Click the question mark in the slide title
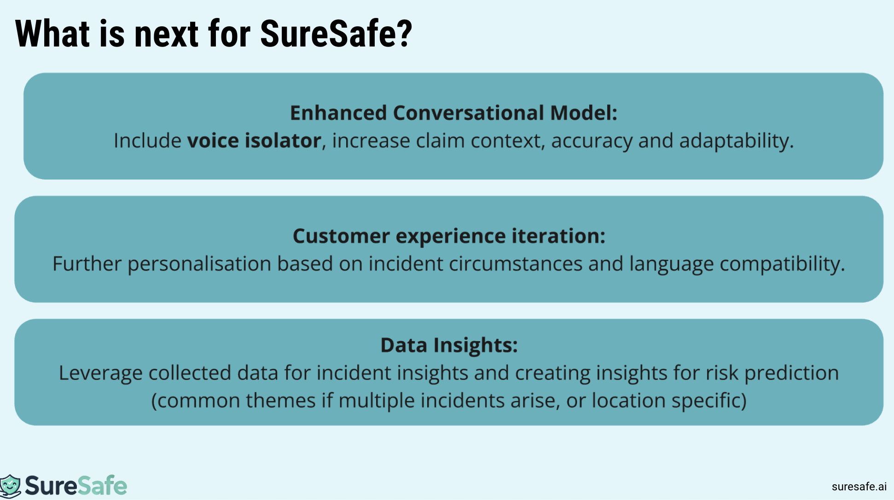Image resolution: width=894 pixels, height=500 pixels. click(404, 34)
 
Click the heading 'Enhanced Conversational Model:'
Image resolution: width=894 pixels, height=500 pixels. click(453, 113)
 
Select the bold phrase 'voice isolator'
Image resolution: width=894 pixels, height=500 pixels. click(254, 140)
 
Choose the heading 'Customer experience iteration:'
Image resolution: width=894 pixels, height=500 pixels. click(449, 236)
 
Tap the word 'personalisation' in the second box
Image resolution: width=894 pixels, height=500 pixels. click(199, 264)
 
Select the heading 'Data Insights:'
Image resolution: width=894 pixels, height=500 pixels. click(449, 345)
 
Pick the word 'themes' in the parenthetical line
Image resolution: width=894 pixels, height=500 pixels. click(280, 401)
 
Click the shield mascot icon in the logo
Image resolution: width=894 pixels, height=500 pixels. click(10, 486)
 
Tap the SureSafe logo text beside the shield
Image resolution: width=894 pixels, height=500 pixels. click(76, 486)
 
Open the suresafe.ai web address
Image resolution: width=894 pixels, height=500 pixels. click(859, 487)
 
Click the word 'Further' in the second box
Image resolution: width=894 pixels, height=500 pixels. click(87, 264)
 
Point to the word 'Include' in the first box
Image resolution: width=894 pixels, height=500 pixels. click(147, 140)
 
